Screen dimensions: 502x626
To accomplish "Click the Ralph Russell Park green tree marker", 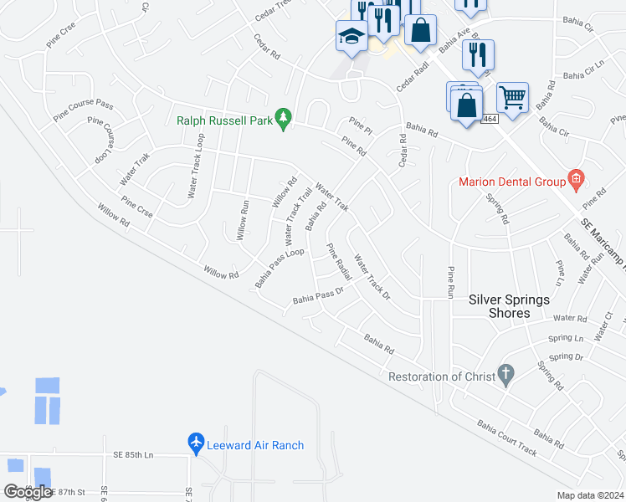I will (284, 119).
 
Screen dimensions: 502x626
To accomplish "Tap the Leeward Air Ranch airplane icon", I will (196, 443).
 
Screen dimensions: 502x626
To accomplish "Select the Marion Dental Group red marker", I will (575, 178).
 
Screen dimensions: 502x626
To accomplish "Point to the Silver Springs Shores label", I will (510, 306).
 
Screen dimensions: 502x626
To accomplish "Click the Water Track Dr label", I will (372, 277).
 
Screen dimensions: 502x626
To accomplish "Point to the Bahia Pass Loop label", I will (280, 265).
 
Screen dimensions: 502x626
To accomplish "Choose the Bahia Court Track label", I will (505, 438).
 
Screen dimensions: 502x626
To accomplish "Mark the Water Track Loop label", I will (195, 165).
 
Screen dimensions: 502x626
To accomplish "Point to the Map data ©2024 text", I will (590, 495).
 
